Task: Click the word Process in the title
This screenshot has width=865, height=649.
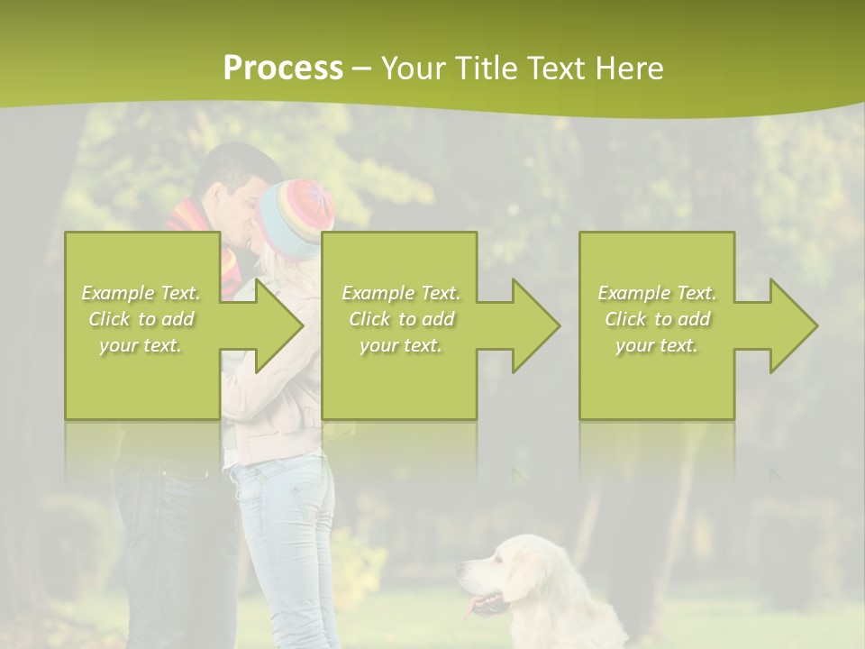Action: [283, 69]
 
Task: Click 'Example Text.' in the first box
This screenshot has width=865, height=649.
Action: [141, 293]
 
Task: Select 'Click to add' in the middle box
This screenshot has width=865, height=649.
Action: [401, 319]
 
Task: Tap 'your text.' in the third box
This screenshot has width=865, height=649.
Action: [657, 345]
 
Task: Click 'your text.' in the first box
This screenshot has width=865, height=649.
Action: [141, 345]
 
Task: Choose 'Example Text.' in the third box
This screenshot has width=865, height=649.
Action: [657, 293]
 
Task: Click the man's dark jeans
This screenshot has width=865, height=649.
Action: [167, 541]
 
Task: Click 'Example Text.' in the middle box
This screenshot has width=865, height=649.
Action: [401, 293]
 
